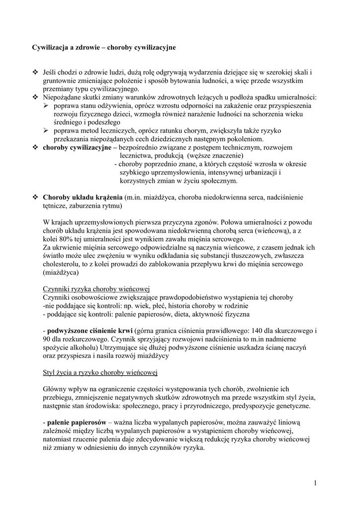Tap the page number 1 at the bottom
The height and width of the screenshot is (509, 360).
[315, 483]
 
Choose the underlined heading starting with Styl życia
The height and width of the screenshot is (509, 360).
[100, 372]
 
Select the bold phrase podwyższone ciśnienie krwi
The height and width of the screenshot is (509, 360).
[90, 330]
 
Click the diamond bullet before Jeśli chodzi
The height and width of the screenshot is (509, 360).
[35, 72]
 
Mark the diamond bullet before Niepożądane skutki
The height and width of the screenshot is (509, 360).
[35, 97]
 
